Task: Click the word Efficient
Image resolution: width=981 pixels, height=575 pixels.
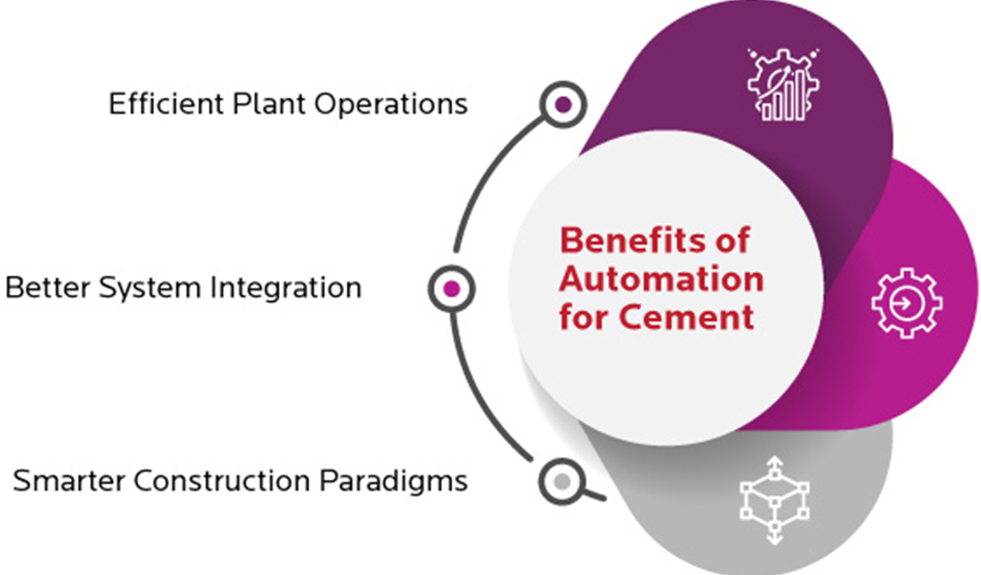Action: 163,103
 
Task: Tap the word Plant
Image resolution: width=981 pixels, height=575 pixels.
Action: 263,103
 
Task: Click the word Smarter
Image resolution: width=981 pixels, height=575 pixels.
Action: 70,479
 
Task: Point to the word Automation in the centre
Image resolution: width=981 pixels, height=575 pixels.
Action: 661,279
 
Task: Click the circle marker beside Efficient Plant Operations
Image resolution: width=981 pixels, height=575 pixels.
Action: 563,103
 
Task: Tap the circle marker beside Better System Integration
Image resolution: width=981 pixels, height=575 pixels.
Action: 452,287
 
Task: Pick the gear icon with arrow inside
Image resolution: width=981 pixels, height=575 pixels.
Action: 905,303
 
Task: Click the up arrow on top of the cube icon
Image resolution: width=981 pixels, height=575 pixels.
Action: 774,465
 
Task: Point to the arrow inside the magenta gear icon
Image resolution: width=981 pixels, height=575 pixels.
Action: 905,303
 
